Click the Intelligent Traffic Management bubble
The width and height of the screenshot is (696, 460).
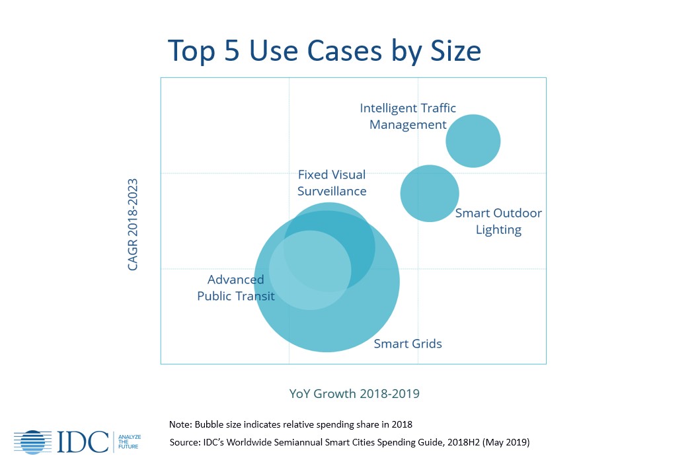473,141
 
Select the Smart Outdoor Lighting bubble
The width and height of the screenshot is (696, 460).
430,193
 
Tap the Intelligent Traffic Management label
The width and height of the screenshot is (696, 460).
408,116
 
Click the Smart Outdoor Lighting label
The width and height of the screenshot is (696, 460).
498,221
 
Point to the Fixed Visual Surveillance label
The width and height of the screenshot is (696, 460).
332,183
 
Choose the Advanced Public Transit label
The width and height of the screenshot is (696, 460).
235,287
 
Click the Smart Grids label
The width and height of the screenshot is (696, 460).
408,344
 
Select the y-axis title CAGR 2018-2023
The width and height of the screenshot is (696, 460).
134,223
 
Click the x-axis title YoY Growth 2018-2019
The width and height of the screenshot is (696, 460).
354,394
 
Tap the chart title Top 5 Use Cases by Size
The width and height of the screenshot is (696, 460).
324,50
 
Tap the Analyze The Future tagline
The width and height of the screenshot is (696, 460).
130,441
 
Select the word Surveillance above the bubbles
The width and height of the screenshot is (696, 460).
332,191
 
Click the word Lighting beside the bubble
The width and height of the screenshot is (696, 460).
498,230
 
